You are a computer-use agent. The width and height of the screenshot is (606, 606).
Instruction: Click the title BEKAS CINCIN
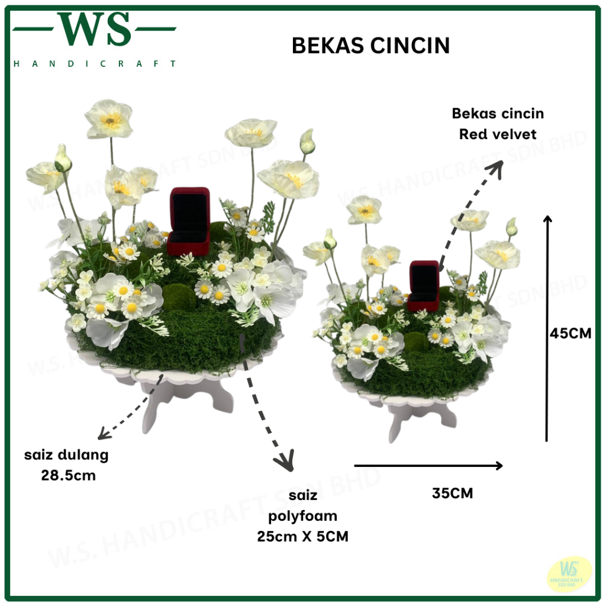tap(371, 46)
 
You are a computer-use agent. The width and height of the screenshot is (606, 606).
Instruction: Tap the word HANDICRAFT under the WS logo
tap(95, 63)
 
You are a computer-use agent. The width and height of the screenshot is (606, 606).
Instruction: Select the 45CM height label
tap(570, 333)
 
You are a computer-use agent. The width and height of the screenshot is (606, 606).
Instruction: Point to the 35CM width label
tap(453, 493)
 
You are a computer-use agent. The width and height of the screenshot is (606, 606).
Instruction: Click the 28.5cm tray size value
tap(68, 475)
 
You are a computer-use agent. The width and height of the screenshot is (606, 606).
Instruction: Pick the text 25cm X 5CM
tap(302, 537)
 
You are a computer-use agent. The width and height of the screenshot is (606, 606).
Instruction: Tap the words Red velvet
tap(498, 134)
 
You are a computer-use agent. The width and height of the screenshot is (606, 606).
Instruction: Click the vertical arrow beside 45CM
tap(547, 328)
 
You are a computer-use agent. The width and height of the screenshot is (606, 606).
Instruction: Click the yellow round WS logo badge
tap(569, 573)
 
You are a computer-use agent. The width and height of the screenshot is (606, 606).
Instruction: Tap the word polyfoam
tap(302, 515)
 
